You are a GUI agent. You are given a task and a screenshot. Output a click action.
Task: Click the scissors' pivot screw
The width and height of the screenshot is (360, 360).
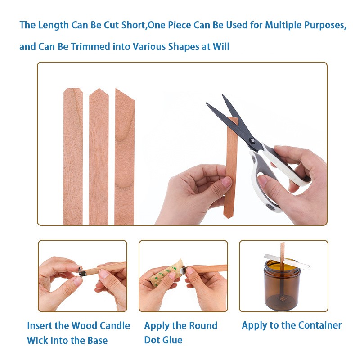(252, 140)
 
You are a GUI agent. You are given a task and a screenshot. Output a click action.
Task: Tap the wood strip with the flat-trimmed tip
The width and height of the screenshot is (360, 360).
(73, 156)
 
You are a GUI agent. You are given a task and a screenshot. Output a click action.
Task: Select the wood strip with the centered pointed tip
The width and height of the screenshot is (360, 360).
(99, 156)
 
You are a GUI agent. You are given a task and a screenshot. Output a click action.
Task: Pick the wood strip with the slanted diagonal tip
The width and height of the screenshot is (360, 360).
(125, 157)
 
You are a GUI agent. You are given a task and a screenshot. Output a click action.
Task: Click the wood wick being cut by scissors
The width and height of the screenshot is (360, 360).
(231, 167)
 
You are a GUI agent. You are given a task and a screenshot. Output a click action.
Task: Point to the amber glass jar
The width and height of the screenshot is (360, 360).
(282, 284)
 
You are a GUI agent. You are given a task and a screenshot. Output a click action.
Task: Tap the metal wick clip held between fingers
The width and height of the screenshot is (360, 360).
(82, 272)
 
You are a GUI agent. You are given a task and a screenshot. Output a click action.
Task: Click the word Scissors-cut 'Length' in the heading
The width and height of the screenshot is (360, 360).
(53, 25)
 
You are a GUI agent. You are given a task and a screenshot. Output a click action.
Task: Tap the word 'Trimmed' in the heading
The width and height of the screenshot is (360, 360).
(90, 47)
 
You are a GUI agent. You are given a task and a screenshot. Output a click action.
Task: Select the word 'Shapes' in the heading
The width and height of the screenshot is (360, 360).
(184, 47)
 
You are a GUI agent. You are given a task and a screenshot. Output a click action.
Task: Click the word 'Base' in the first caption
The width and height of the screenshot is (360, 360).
(97, 340)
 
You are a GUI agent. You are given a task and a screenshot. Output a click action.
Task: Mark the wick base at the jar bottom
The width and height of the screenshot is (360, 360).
(282, 298)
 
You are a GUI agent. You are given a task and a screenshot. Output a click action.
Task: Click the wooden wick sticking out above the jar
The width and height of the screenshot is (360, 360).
(283, 252)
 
